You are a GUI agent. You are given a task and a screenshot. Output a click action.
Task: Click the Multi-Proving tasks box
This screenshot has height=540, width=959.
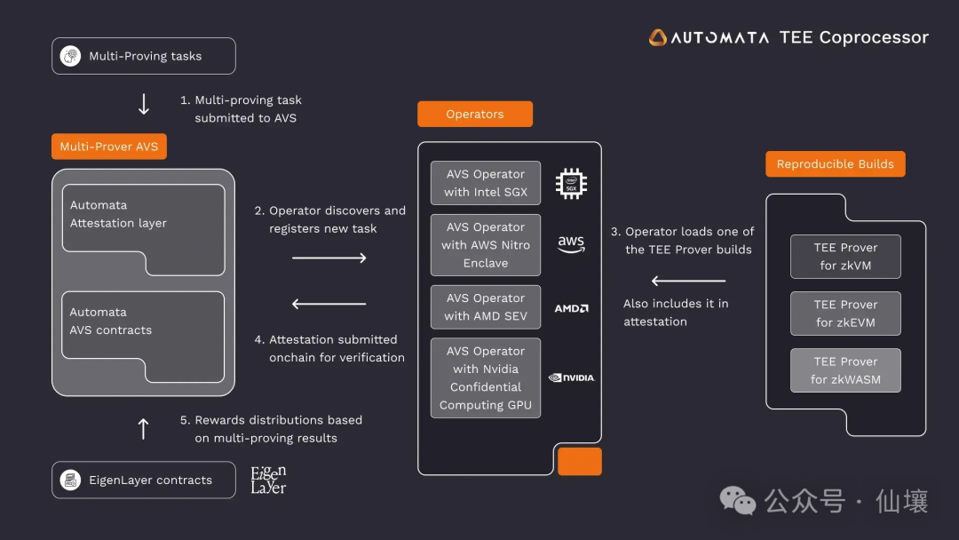(144, 56)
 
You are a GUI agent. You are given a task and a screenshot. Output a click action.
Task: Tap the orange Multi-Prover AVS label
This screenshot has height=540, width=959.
(108, 147)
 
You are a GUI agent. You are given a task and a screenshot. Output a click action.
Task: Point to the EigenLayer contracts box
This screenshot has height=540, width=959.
(144, 480)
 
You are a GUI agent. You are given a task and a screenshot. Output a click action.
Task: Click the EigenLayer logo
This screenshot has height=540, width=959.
(268, 480)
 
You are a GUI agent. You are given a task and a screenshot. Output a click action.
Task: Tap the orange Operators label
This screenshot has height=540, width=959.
(475, 115)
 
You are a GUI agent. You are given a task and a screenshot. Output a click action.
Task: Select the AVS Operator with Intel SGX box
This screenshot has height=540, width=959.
(486, 183)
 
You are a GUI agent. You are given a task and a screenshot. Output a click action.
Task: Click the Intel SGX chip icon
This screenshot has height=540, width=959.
(571, 183)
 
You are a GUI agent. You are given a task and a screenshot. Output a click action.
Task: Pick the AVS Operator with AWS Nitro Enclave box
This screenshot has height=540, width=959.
(486, 245)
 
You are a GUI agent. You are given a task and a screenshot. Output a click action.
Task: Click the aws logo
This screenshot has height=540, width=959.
(571, 244)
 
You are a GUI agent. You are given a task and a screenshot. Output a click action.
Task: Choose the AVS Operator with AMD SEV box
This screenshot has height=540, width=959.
(486, 307)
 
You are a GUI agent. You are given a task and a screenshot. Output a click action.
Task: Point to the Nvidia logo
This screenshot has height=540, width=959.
(571, 377)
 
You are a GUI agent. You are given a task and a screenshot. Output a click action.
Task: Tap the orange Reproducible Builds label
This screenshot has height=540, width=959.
(835, 164)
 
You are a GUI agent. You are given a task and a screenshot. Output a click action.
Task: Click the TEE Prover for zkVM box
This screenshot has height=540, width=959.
(845, 257)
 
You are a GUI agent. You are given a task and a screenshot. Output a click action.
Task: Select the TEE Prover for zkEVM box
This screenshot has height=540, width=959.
(845, 314)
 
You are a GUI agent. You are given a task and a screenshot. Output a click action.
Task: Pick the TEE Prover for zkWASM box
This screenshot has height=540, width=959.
(845, 370)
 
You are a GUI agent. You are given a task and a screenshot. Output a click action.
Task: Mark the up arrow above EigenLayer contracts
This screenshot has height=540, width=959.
(143, 429)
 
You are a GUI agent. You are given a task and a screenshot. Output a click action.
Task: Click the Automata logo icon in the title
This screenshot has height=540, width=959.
(658, 37)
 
